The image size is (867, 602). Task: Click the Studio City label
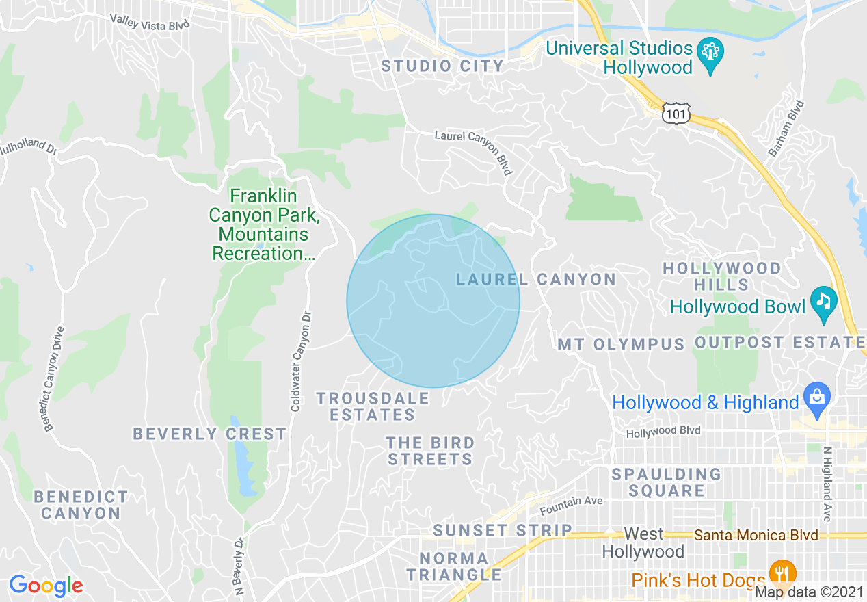point(442,66)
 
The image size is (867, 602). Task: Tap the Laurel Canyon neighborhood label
point(536,279)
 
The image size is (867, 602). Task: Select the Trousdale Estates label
point(373,406)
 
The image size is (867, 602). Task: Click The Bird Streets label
point(430,451)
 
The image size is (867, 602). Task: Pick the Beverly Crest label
point(209,434)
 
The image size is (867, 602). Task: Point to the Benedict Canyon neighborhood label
point(81,505)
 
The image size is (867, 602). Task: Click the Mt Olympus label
point(621,343)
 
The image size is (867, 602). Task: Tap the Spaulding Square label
point(666,482)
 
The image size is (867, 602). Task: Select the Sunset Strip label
point(503,530)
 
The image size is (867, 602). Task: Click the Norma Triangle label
point(454,566)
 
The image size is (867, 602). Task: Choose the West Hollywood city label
point(643,542)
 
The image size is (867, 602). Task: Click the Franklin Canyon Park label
point(260,225)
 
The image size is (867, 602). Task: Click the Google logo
point(46,586)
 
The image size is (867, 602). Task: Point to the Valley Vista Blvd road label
point(149,22)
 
